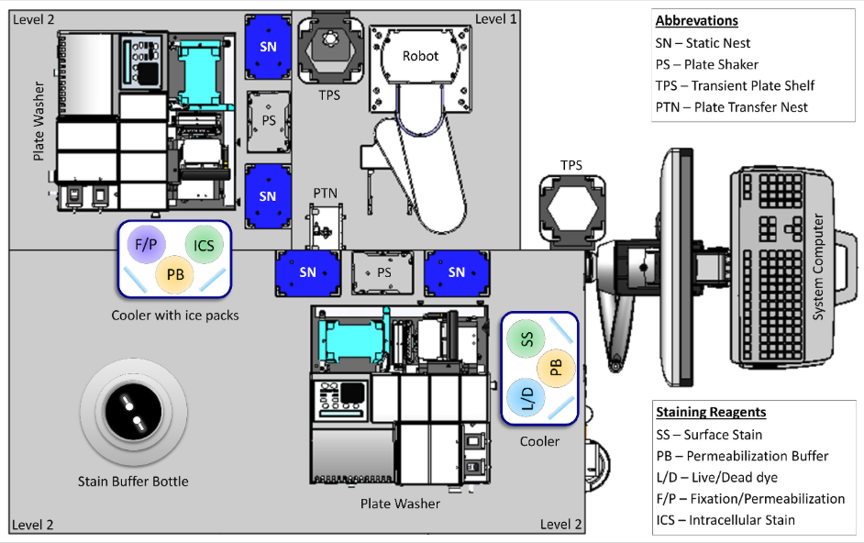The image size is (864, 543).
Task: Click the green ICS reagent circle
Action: pos(204,245)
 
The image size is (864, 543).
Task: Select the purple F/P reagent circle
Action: pos(145,245)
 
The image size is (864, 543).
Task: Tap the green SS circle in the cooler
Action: pos(526,338)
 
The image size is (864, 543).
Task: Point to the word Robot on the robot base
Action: pos(420,56)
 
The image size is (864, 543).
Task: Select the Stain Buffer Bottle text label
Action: pos(133,481)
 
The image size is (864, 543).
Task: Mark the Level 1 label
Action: pos(495,19)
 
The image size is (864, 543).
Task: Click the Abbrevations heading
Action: pos(696,20)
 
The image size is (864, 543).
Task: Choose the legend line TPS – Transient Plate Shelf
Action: pos(735,85)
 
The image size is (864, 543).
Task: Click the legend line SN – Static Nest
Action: pos(703,43)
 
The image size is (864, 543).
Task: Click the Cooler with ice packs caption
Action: pos(175,316)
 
